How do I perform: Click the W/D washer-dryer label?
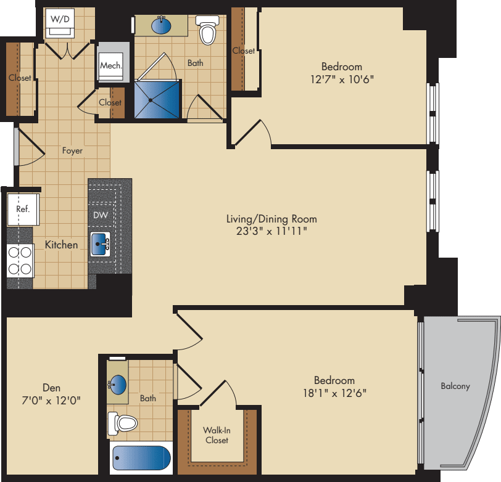tap(60, 19)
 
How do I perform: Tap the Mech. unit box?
tap(112, 63)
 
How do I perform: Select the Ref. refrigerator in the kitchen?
tap(23, 209)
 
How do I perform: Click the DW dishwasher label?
tap(100, 215)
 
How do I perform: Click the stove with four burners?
tap(19, 260)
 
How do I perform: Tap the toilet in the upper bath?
tap(207, 30)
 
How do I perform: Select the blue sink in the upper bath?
tap(162, 26)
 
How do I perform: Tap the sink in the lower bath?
tap(118, 386)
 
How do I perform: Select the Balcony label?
tap(455, 386)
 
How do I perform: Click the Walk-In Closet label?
tap(216, 435)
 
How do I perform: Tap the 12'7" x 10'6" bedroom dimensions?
tap(341, 79)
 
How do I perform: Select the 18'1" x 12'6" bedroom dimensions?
tap(334, 393)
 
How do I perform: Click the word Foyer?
tap(72, 150)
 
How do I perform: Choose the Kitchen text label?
tap(62, 245)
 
